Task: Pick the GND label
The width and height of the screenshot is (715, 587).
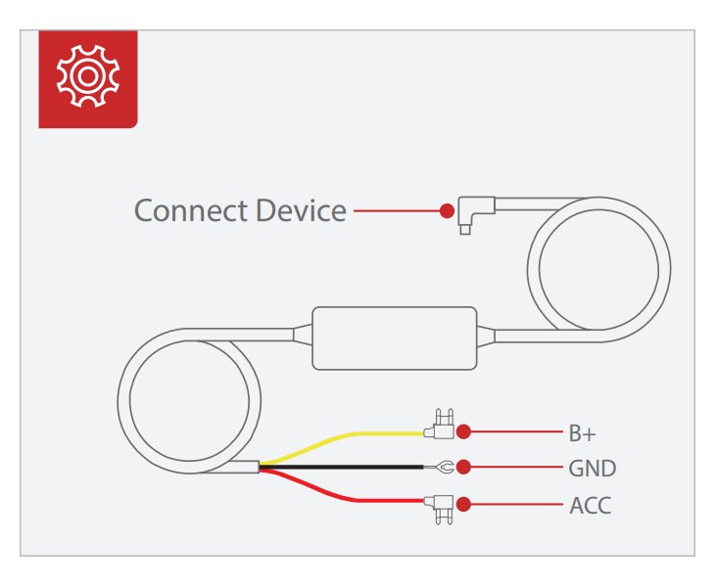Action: click(592, 468)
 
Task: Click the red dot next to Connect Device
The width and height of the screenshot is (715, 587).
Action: click(447, 210)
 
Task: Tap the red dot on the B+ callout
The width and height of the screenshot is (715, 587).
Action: click(464, 430)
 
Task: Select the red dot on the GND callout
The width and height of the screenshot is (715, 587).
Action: click(464, 468)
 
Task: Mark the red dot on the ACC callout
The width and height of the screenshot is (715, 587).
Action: click(464, 505)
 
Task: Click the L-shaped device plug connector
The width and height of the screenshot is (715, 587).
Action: click(475, 211)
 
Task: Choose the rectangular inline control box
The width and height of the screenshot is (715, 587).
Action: click(396, 338)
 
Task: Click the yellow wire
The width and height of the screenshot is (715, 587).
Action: click(343, 437)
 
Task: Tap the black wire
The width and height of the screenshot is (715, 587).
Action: click(343, 469)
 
